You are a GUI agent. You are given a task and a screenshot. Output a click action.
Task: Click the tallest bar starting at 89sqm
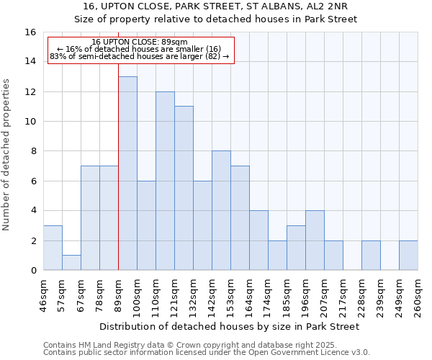[127, 173]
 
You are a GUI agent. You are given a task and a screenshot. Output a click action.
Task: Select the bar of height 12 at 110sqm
[165, 181]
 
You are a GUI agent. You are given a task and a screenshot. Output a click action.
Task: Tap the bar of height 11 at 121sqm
[184, 188]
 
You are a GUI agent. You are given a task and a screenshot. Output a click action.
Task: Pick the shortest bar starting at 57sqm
[71, 263]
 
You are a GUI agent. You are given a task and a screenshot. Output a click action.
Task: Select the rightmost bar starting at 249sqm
[408, 256]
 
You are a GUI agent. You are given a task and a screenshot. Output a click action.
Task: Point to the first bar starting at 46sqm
[53, 248]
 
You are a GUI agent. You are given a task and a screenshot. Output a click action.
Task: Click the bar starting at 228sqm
[371, 256]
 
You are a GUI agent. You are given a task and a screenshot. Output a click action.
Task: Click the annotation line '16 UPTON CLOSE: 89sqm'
[140, 42]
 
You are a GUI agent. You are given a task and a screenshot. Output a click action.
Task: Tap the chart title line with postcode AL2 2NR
[216, 7]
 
